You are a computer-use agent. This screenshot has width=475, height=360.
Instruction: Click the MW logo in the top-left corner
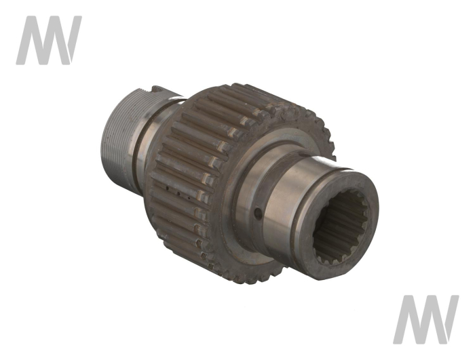49,40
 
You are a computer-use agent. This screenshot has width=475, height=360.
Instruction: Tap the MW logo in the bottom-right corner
426,319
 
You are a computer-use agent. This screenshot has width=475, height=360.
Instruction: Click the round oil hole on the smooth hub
258,214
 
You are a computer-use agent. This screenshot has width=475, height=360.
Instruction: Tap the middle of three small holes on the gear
178,193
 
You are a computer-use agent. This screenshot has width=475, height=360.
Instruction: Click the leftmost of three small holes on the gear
167,189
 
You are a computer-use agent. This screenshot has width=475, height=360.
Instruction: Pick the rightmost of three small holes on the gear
189,199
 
